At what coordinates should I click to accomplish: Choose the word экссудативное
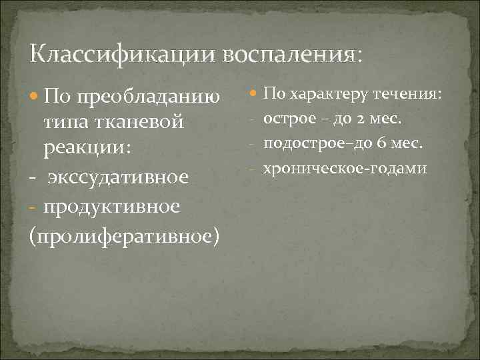point(117,177)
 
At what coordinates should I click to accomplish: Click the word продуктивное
point(112,207)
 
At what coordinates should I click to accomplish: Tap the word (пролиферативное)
point(125,235)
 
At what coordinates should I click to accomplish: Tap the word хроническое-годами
point(345,168)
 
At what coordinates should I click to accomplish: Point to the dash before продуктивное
point(33,207)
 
